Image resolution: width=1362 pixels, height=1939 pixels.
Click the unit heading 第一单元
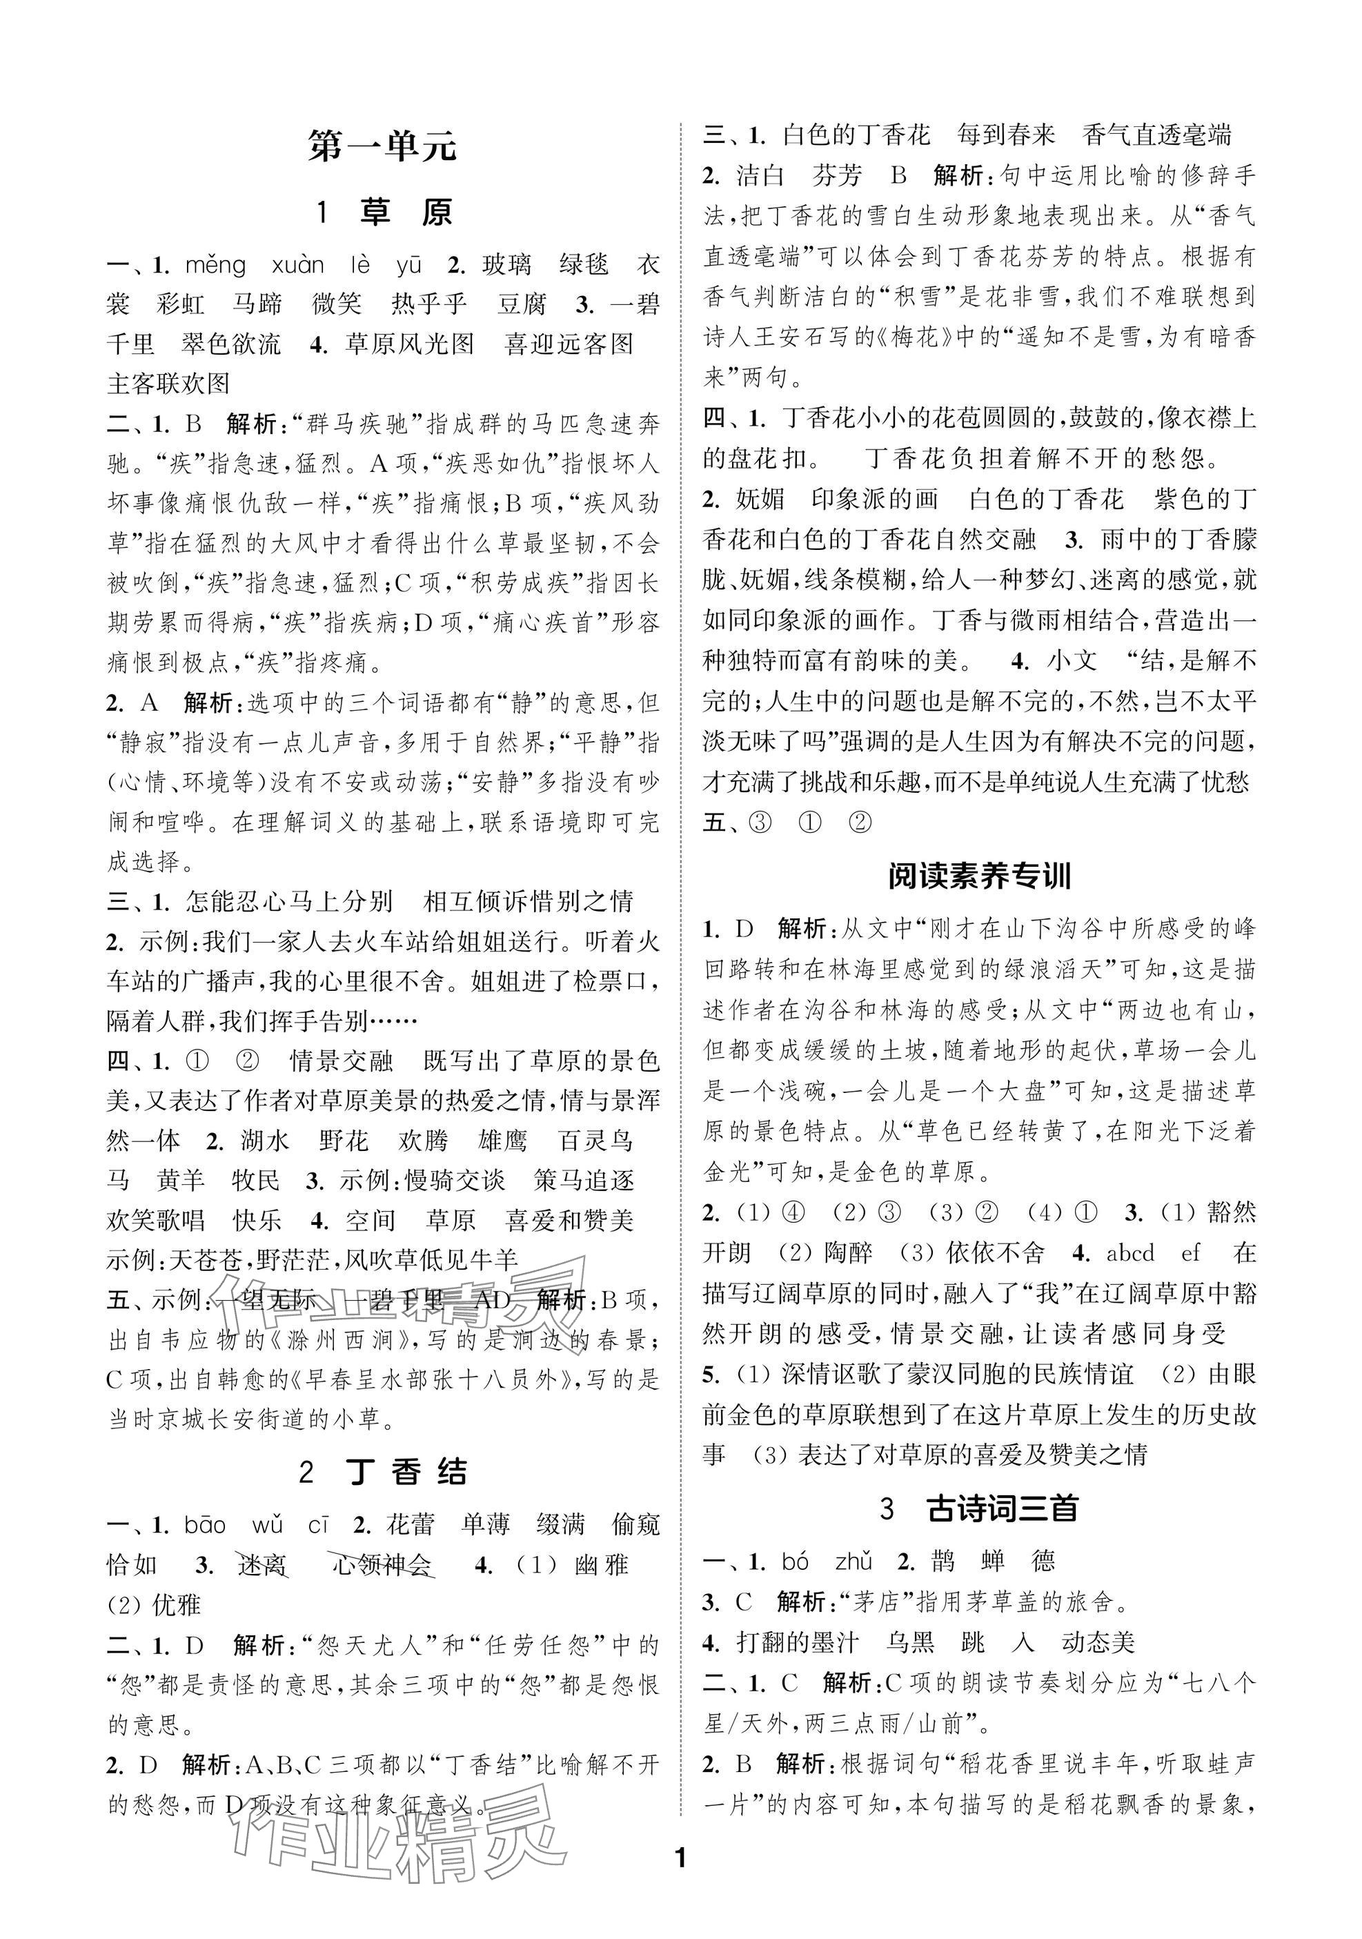pyautogui.click(x=382, y=147)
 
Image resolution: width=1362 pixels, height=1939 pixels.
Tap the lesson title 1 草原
pyautogui.click(x=384, y=212)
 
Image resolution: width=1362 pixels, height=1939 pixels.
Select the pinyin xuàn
pyautogui.click(x=297, y=265)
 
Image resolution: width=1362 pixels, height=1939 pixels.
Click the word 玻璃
pyautogui.click(x=506, y=265)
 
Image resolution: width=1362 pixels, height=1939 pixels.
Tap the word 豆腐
pyautogui.click(x=522, y=305)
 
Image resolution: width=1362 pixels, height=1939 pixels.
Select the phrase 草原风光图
pyautogui.click(x=410, y=344)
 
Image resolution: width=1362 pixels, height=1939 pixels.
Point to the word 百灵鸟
pyautogui.click(x=595, y=1141)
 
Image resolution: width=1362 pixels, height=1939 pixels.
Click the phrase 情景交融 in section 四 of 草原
pyautogui.click(x=340, y=1061)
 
